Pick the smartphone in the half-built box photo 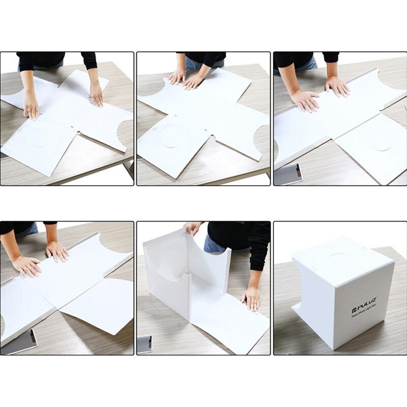[x=144, y=344]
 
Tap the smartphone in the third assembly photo [x=288, y=175]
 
